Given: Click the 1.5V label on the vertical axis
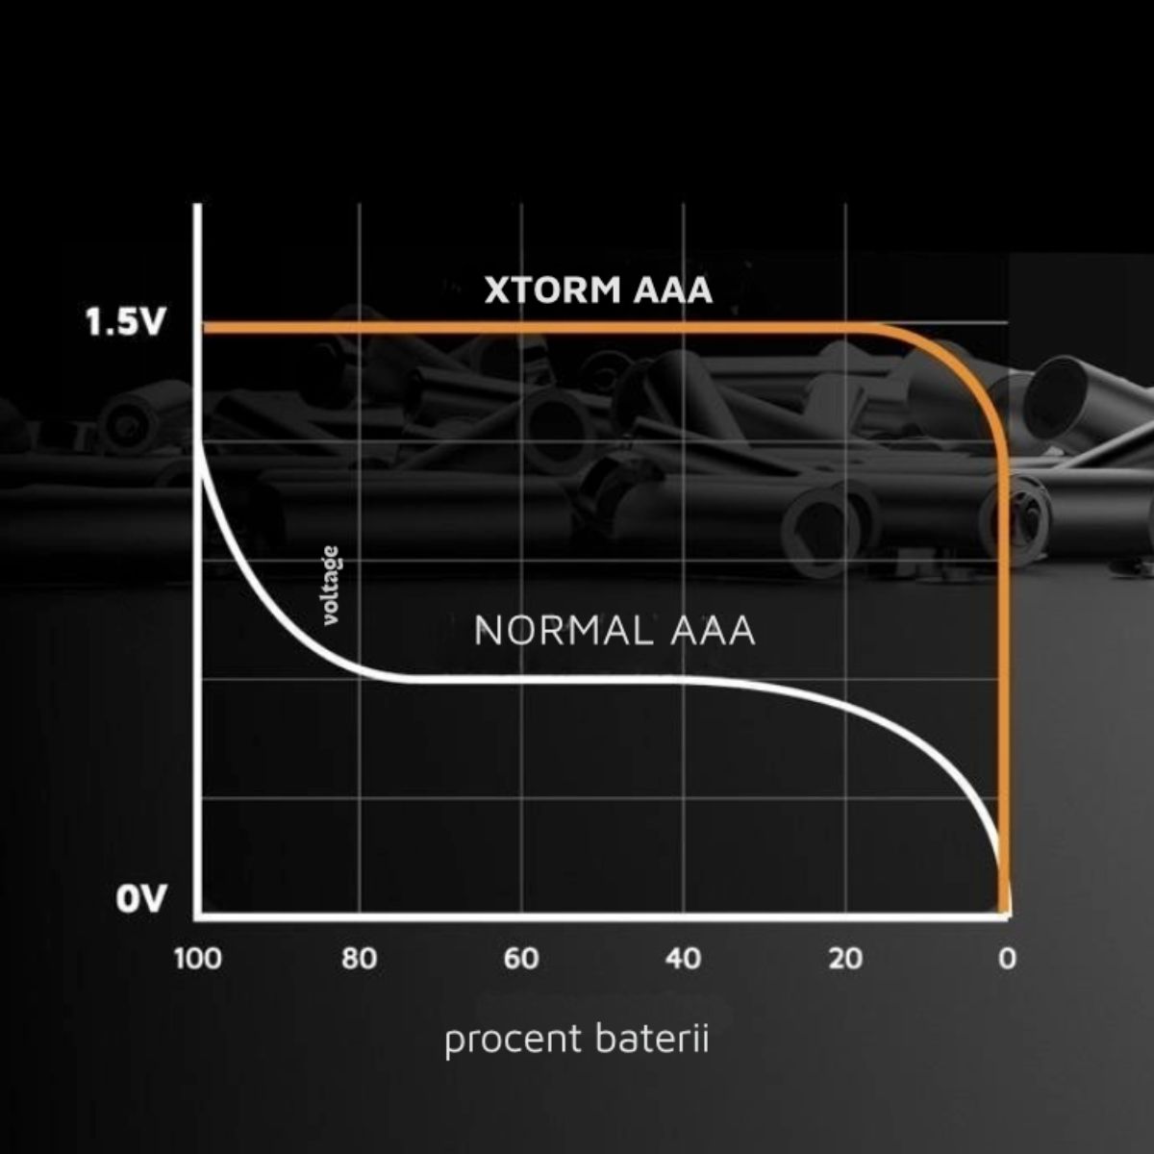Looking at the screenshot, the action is [x=124, y=323].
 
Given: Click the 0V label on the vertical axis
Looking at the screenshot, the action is [x=139, y=899].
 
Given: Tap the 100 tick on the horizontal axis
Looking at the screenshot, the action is [x=198, y=959].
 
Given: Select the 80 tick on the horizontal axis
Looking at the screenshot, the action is [x=360, y=959].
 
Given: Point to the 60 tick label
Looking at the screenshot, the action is [x=521, y=959].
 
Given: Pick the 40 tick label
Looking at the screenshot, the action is [x=684, y=959].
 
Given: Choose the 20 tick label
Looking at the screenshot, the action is [x=845, y=959].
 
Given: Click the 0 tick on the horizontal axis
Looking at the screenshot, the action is [x=1007, y=959].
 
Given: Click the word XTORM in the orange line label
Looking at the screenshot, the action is [x=553, y=290].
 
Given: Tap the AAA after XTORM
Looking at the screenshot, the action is [x=673, y=290].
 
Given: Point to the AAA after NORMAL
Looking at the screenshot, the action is [x=713, y=631].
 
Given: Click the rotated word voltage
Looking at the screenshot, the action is [x=331, y=586].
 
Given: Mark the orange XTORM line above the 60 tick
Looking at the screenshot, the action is [x=521, y=328].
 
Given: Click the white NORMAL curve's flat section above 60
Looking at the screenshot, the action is [x=521, y=679].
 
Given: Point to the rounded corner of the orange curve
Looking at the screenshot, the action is [x=971, y=372].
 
